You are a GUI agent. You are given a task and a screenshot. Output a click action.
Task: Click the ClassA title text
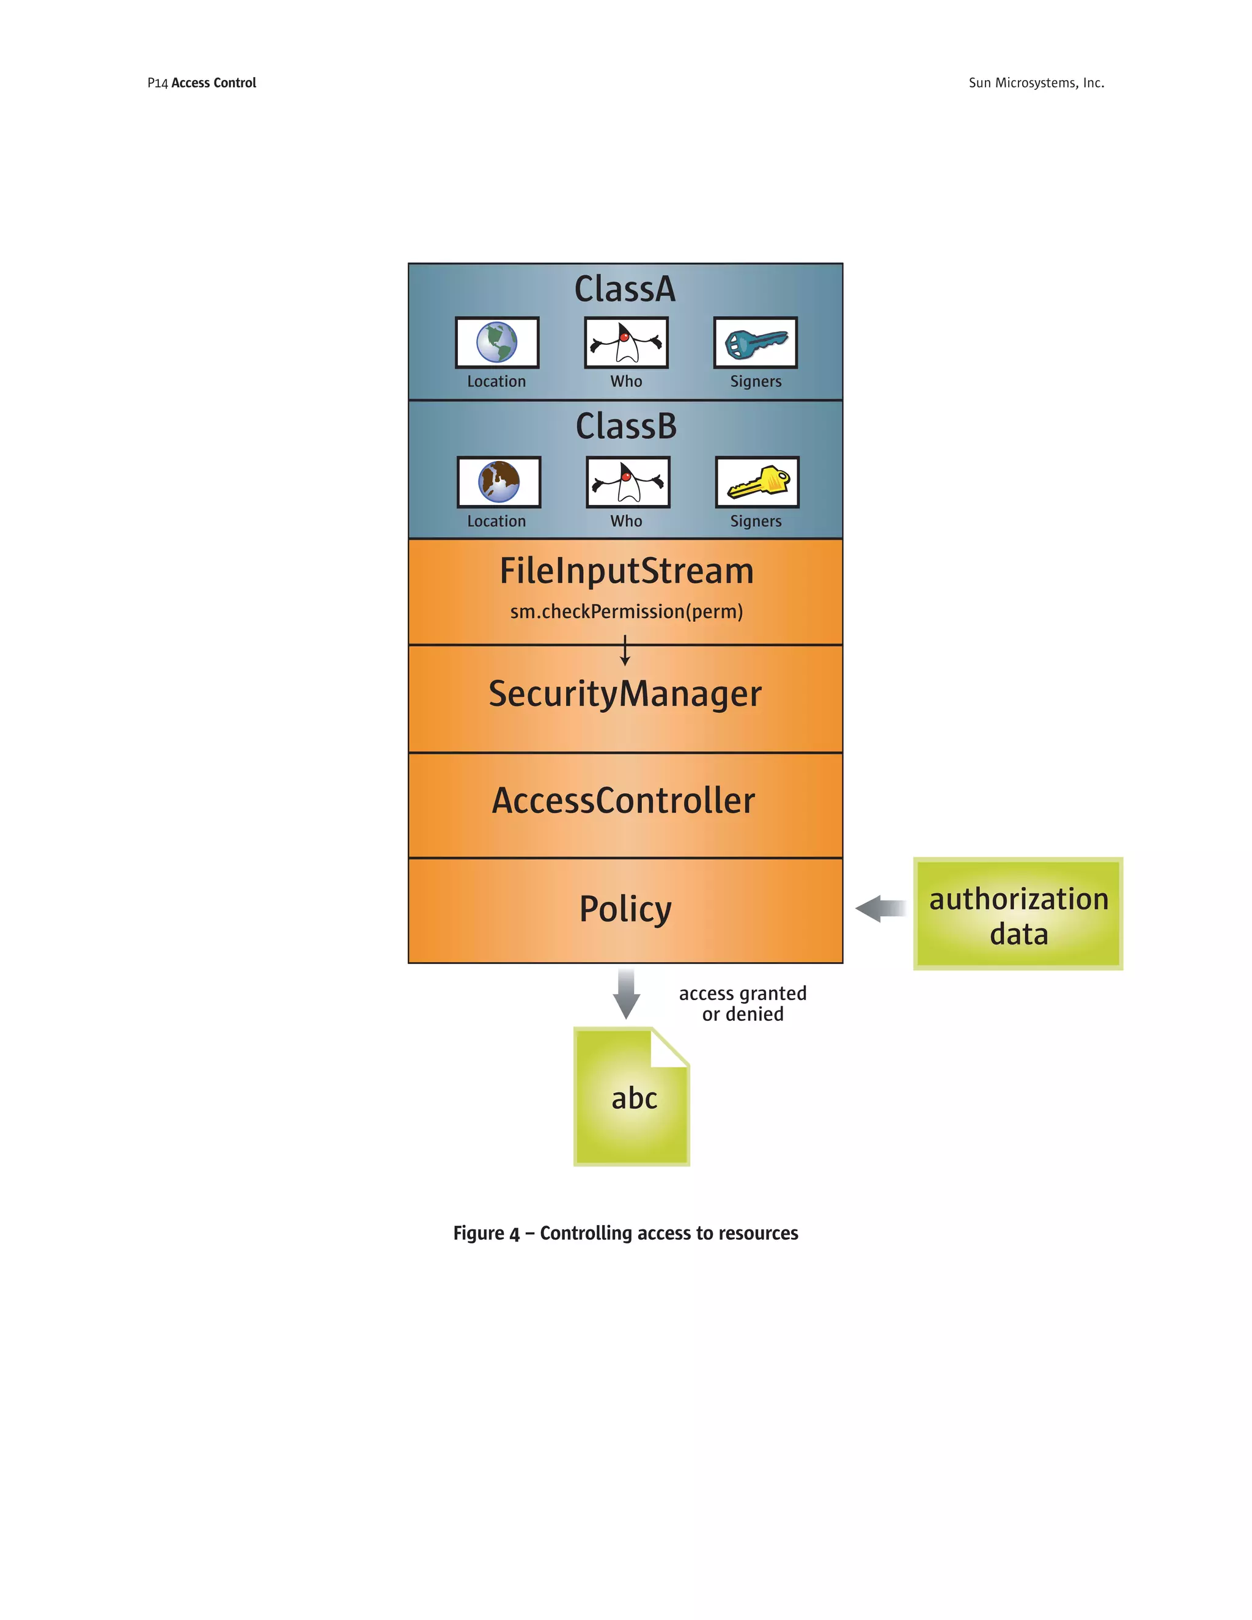(625, 289)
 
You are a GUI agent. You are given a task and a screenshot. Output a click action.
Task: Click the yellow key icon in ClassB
(757, 482)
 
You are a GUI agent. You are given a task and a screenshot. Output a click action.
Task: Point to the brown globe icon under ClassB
(498, 482)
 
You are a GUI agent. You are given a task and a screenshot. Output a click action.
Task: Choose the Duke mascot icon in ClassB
(627, 482)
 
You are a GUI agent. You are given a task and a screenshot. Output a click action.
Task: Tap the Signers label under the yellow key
(755, 521)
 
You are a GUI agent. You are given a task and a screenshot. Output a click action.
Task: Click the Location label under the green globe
(496, 381)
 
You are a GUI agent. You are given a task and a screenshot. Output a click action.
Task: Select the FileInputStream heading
(626, 571)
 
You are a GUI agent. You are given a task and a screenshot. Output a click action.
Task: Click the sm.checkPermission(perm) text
(626, 611)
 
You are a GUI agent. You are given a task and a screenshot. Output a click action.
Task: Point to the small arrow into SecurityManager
(625, 650)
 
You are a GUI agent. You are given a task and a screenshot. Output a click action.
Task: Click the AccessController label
(624, 801)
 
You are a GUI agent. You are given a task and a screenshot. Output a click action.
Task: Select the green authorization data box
(1018, 914)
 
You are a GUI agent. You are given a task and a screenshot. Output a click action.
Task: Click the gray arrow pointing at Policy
(880, 908)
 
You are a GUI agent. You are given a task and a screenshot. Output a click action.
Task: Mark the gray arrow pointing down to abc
(626, 993)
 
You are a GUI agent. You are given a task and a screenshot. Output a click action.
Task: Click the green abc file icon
(632, 1097)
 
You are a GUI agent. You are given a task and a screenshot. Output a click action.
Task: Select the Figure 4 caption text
(625, 1233)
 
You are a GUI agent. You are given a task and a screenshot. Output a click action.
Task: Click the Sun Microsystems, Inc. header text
(1036, 83)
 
